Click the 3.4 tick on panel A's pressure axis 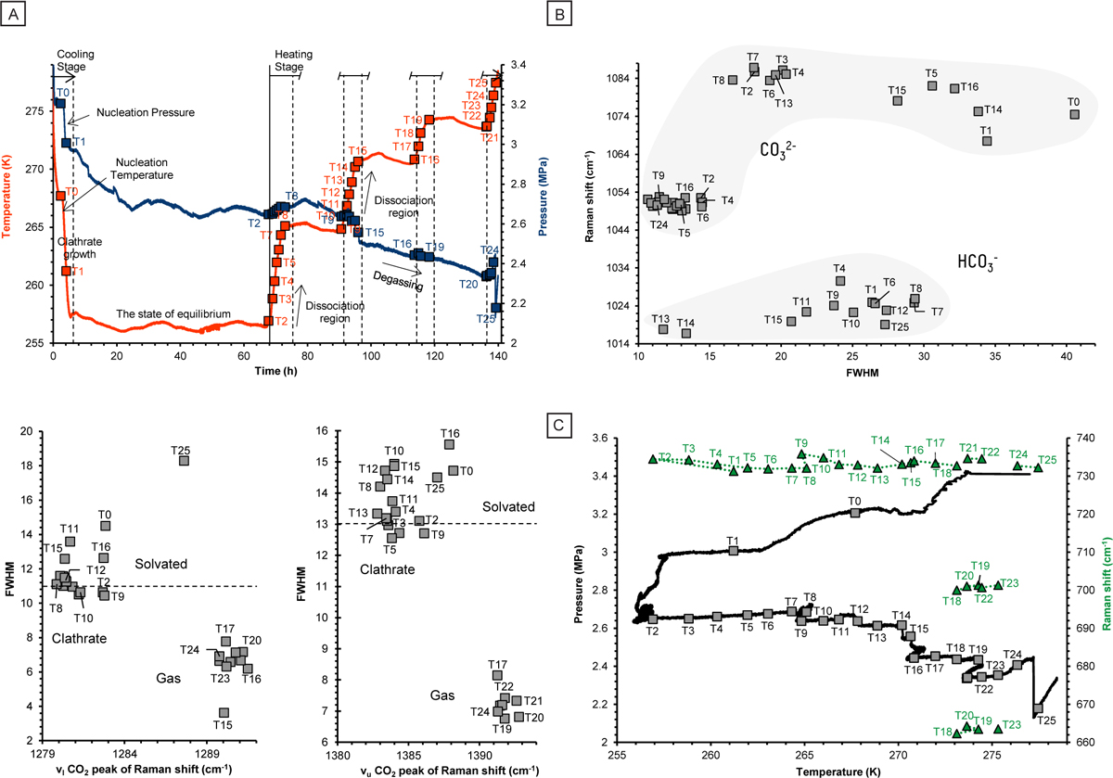pyautogui.click(x=517, y=65)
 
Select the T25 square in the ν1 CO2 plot pyautogui.click(x=184, y=461)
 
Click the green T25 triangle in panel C pyautogui.click(x=1038, y=467)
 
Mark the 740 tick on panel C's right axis pyautogui.click(x=1068, y=437)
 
